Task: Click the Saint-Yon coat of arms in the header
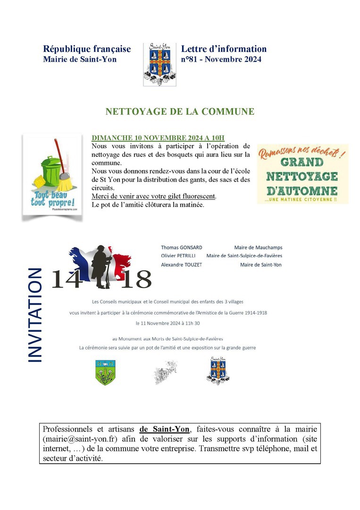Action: pos(159,65)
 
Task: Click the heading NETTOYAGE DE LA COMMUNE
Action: pos(180,112)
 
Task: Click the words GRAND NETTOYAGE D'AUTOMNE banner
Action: pos(302,176)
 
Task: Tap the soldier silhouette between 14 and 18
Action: pos(100,267)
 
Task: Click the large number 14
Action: pos(67,280)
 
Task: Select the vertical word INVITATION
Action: pos(35,315)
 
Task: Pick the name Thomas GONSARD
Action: pos(182,247)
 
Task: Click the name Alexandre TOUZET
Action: pos(181,265)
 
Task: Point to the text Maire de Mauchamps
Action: pos(258,247)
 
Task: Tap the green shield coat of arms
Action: pos(105,373)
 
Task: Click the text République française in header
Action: pos(87,49)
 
